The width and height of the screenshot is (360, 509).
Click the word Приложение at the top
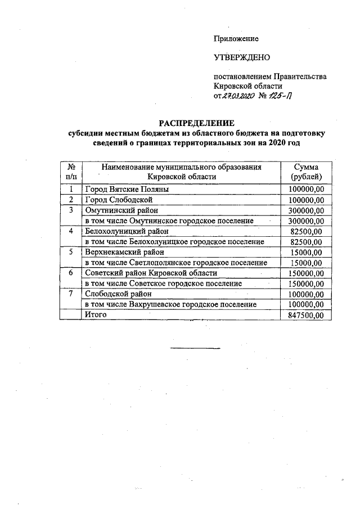[236, 39]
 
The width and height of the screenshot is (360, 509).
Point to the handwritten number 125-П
[280, 96]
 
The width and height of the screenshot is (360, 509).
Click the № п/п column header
[71, 172]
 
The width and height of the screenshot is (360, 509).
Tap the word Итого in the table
[96, 315]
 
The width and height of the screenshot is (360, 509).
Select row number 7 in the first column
[71, 294]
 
